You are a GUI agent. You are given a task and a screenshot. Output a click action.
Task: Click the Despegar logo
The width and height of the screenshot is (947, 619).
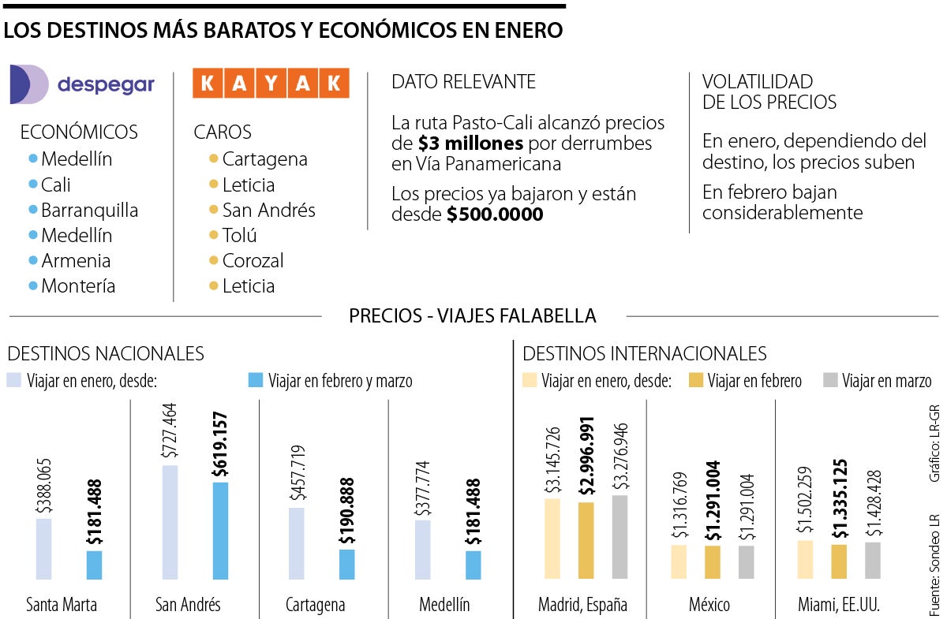pyautogui.click(x=82, y=84)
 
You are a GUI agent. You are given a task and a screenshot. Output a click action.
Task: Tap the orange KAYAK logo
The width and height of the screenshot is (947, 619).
pyautogui.click(x=271, y=84)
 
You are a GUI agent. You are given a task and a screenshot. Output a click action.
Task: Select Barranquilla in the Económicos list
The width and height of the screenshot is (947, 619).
pyautogui.click(x=89, y=211)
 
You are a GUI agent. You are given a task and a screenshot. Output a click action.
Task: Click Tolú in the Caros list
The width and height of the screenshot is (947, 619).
pyautogui.click(x=239, y=235)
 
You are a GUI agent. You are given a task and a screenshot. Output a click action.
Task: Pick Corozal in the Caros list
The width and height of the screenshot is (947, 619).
pyautogui.click(x=253, y=261)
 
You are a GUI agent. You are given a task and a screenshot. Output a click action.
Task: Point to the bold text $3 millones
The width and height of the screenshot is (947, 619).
pyautogui.click(x=470, y=144)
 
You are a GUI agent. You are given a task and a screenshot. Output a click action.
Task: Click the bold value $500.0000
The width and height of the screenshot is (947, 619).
pyautogui.click(x=495, y=214)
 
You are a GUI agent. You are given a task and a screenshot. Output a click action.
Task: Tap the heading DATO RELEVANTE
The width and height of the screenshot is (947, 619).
pyautogui.click(x=463, y=81)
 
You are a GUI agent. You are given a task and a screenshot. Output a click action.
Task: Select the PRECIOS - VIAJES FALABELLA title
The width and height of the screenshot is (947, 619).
pyautogui.click(x=473, y=316)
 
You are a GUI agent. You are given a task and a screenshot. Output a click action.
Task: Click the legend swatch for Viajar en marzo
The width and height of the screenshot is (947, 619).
pyautogui.click(x=830, y=381)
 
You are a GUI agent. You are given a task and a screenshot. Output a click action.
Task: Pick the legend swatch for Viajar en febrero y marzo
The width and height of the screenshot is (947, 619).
pyautogui.click(x=255, y=381)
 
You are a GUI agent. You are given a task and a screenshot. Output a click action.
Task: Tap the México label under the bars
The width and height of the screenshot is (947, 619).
pyautogui.click(x=709, y=605)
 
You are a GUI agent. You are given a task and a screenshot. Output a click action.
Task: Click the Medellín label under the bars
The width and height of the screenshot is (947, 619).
pyautogui.click(x=444, y=605)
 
